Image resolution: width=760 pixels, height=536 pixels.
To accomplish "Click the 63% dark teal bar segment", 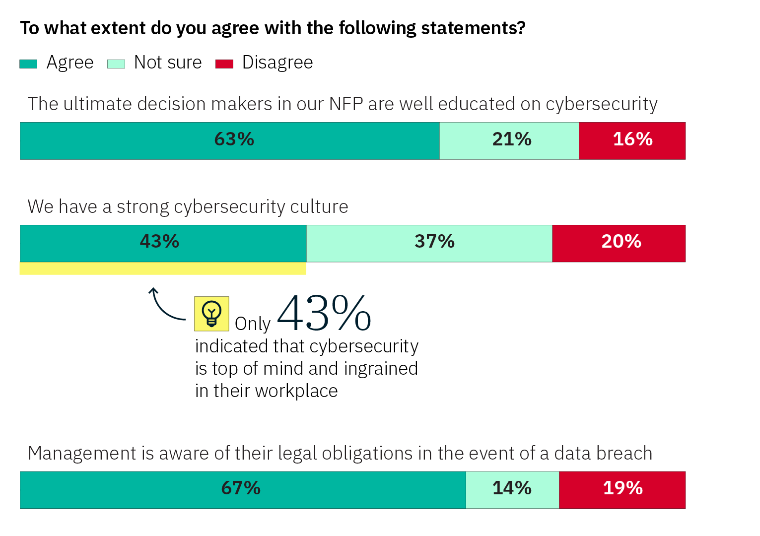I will [229, 141].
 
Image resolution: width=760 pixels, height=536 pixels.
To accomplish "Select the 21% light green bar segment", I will [509, 141].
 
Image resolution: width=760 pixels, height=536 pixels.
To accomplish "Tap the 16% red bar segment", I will [632, 141].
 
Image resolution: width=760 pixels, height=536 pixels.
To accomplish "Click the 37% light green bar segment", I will [429, 243].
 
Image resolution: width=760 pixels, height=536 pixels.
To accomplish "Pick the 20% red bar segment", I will [619, 243].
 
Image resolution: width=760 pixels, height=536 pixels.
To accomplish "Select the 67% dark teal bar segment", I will [243, 490].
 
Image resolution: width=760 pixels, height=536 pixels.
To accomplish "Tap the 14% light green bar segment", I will [512, 490].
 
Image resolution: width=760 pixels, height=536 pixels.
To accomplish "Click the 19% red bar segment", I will [622, 490].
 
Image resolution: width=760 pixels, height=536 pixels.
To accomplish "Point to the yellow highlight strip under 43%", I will [163, 268].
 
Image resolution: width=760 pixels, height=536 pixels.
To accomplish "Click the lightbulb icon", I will [211, 314].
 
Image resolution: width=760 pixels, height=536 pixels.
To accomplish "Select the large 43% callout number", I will [324, 313].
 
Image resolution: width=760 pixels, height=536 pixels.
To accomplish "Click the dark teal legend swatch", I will [28, 64].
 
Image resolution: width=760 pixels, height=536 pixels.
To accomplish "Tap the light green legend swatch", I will [116, 64].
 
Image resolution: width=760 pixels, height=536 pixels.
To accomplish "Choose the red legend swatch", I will [224, 64].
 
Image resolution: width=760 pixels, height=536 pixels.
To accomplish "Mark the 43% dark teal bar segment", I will [163, 243].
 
